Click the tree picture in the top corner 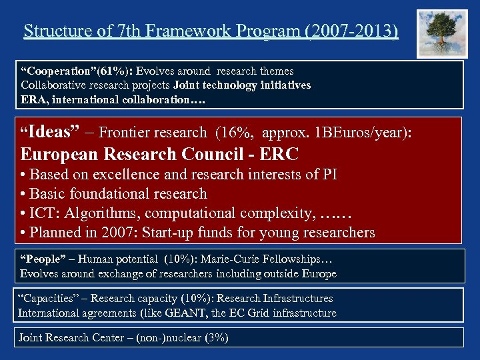442,33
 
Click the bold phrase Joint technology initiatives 242,85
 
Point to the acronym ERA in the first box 33,99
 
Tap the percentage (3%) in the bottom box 217,338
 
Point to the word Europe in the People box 319,273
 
